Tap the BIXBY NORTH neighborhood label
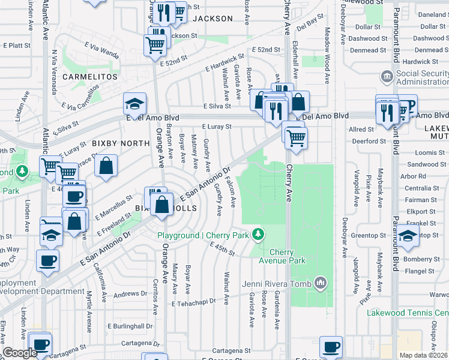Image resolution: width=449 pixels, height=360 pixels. click(x=120, y=143)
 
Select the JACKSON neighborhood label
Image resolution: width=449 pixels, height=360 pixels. click(x=212, y=19)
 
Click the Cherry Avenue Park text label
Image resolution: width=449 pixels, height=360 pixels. click(x=288, y=256)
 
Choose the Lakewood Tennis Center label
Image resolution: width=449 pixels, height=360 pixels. click(x=408, y=313)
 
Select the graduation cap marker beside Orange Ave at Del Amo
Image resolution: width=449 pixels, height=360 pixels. click(x=135, y=103)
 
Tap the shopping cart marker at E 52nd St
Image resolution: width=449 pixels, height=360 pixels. click(x=155, y=44)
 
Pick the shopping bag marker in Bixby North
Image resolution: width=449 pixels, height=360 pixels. click(x=106, y=167)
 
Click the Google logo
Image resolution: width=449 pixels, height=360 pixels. click(x=20, y=353)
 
